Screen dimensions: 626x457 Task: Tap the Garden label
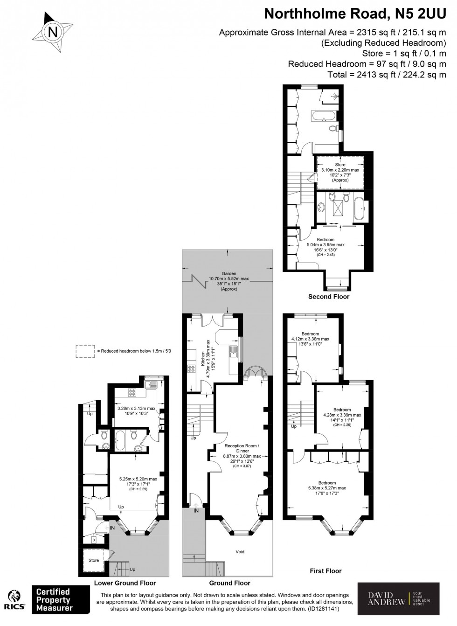pyautogui.click(x=229, y=274)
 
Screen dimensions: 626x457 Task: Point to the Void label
pyautogui.click(x=240, y=552)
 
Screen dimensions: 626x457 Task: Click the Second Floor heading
pyautogui.click(x=328, y=297)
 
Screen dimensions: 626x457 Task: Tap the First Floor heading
pyautogui.click(x=325, y=570)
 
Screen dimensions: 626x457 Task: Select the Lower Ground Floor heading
pyautogui.click(x=125, y=583)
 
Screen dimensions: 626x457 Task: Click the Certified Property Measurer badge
pyautogui.click(x=53, y=600)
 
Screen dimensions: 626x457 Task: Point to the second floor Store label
pyautogui.click(x=340, y=165)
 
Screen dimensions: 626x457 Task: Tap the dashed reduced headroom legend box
pyautogui.click(x=84, y=351)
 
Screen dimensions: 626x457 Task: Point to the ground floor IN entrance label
pyautogui.click(x=196, y=511)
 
